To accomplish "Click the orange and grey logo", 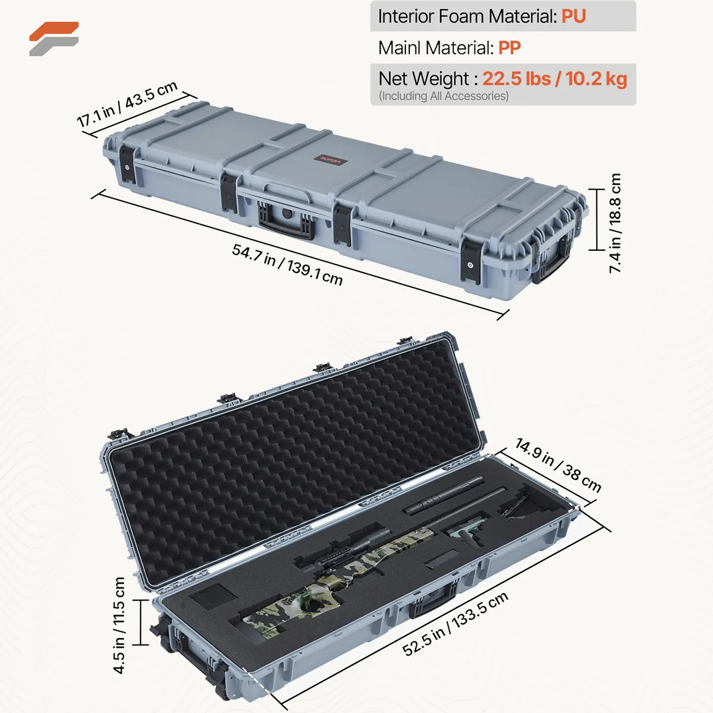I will [54, 39].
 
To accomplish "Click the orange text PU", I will [574, 16].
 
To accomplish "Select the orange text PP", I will [509, 48].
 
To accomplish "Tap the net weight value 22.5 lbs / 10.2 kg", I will [554, 79].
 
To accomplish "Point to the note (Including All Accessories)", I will [443, 96].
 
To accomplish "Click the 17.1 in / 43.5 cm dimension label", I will [127, 104].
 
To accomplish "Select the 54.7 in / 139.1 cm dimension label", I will [287, 264].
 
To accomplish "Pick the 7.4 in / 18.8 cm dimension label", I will [615, 223].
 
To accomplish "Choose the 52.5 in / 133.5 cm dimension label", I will [455, 624].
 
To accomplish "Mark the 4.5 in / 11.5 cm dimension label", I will [119, 625].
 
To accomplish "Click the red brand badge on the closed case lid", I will [330, 160].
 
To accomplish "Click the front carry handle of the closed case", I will [286, 221].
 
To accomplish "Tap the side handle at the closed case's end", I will [553, 261].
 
